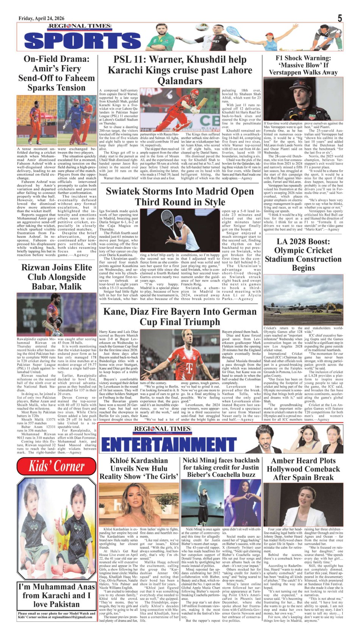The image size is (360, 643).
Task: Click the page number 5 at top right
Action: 340,18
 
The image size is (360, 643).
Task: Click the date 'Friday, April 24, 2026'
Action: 41,18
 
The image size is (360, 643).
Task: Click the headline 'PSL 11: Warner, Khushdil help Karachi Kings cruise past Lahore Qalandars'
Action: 180,70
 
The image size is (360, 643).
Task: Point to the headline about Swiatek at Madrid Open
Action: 180,196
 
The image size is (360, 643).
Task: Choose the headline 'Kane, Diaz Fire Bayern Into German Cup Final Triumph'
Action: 180,317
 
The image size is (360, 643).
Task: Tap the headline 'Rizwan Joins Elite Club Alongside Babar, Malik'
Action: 56,277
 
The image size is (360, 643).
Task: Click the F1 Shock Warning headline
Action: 303,65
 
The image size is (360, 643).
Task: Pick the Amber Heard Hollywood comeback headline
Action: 303,469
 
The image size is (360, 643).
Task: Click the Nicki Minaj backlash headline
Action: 221,467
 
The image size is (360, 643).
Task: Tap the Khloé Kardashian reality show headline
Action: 139,469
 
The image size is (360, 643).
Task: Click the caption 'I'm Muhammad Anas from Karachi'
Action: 56,595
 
